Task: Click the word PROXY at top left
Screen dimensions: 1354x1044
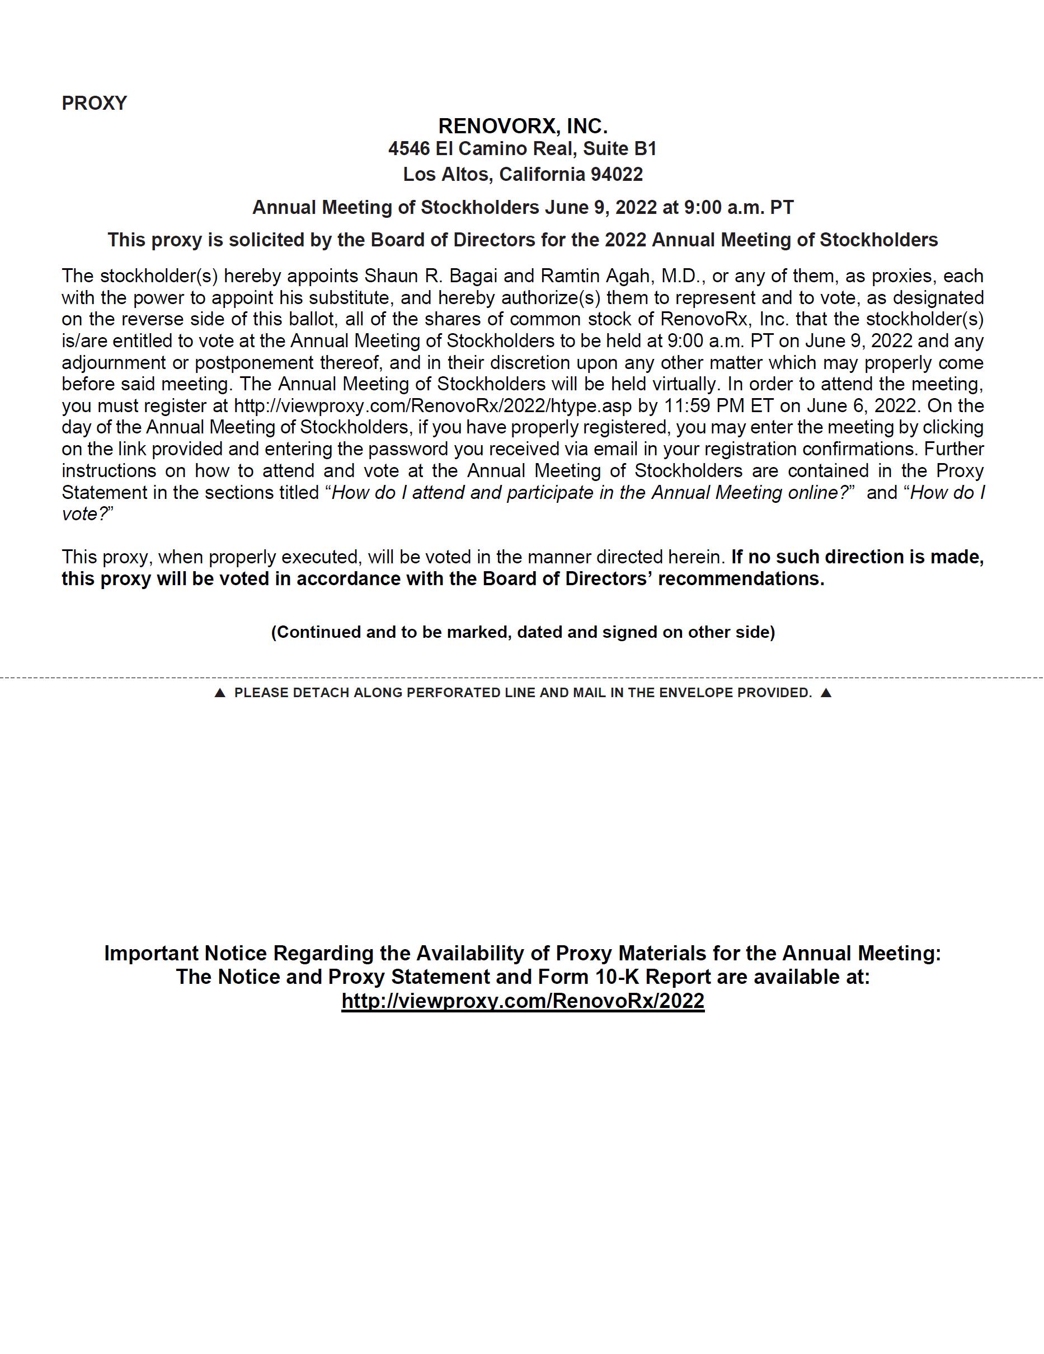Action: pos(94,103)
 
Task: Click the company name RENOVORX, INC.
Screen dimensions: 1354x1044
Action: pos(523,127)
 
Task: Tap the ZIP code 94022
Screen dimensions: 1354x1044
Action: pos(617,174)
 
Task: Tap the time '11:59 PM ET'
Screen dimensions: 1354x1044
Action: pos(714,406)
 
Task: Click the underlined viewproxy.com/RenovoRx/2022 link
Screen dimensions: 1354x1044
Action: pos(523,1001)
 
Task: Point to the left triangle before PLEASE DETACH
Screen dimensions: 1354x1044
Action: pos(219,693)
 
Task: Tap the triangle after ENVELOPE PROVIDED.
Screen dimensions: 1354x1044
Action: pos(825,693)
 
